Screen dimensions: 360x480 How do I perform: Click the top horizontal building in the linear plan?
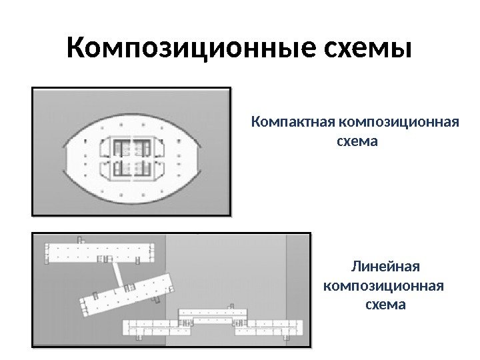(x=100, y=252)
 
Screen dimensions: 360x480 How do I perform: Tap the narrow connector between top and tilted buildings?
(x=117, y=272)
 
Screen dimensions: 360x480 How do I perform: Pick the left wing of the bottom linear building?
(x=157, y=327)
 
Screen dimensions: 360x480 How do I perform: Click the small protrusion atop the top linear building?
(x=80, y=239)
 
